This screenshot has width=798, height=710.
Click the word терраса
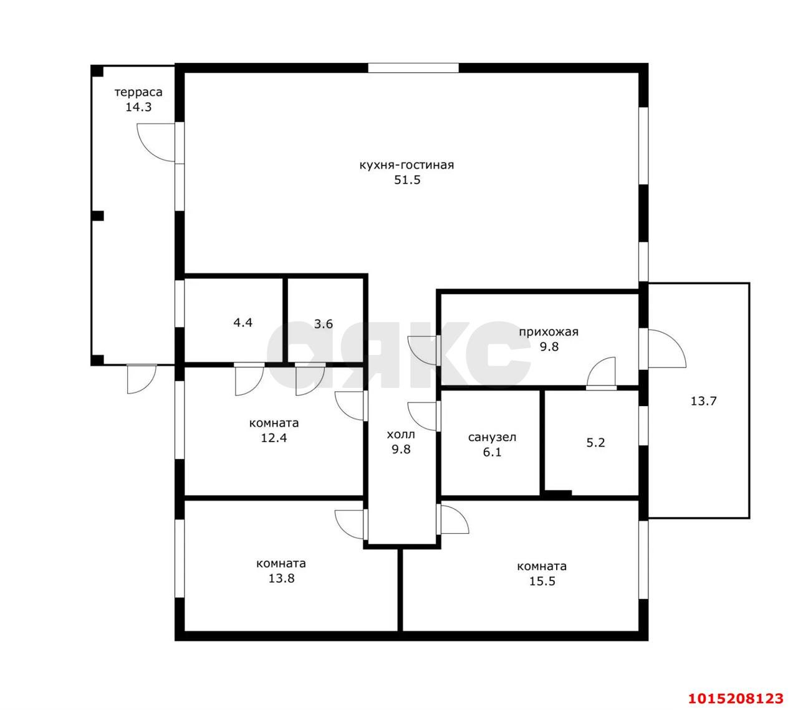pyautogui.click(x=138, y=93)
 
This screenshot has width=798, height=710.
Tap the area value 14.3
pyautogui.click(x=138, y=107)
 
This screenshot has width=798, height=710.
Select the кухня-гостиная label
pyautogui.click(x=406, y=165)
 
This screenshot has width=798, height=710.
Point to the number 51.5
pyautogui.click(x=407, y=180)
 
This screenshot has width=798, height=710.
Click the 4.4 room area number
pyautogui.click(x=243, y=323)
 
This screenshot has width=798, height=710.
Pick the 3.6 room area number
pyautogui.click(x=323, y=324)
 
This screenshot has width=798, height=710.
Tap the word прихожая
pyautogui.click(x=548, y=332)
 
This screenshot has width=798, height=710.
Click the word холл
pyautogui.click(x=401, y=435)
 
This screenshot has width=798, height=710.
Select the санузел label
pyautogui.click(x=492, y=437)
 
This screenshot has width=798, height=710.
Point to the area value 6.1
pyautogui.click(x=492, y=452)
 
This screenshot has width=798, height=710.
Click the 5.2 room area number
pyautogui.click(x=595, y=443)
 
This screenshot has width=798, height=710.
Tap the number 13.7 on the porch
pyautogui.click(x=703, y=401)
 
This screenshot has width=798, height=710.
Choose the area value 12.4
pyautogui.click(x=274, y=438)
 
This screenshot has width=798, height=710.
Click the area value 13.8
pyautogui.click(x=281, y=579)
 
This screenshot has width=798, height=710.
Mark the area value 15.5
pyautogui.click(x=542, y=581)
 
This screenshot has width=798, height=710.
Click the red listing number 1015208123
pyautogui.click(x=736, y=699)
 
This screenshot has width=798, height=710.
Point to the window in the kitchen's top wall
pyautogui.click(x=413, y=68)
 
